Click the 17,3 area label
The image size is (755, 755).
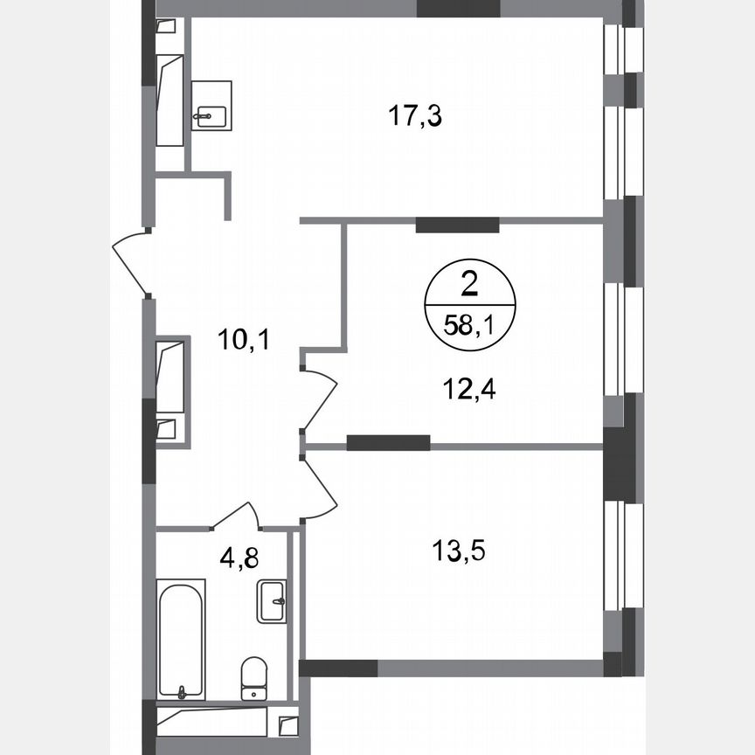point(416,116)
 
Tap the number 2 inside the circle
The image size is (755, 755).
point(469,283)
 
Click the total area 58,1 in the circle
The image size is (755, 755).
point(469,329)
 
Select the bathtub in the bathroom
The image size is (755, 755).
point(182,638)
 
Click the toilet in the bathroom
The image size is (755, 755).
point(253,678)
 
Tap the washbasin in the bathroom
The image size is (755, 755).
point(273,601)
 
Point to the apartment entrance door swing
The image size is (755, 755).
point(131,260)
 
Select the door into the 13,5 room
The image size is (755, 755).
point(320,488)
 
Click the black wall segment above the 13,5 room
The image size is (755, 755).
point(388,443)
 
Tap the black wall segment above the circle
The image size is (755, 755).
point(457,225)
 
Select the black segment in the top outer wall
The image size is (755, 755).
point(458,10)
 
